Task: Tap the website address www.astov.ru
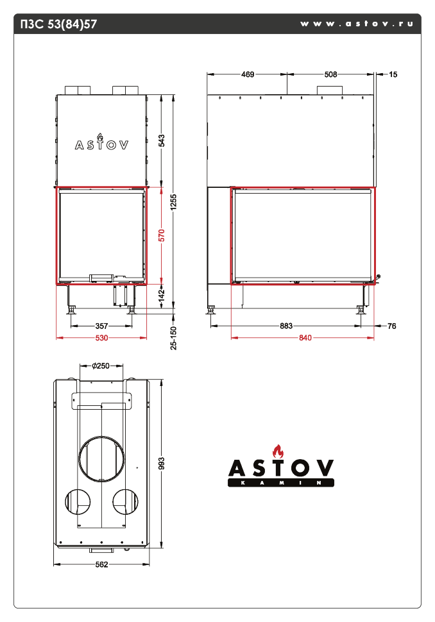(356, 24)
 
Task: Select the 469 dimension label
(247, 74)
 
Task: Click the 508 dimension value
(330, 74)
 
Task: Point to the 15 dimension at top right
(393, 74)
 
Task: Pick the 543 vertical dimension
(162, 141)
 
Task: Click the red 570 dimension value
(162, 235)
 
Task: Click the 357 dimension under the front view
(101, 326)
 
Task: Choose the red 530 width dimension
(101, 337)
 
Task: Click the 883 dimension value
(286, 326)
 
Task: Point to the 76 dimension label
(392, 326)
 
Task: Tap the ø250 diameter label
(101, 366)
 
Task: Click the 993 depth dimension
(162, 462)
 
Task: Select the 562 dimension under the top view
(101, 564)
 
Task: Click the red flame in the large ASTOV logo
(277, 450)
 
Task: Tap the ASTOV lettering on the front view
(101, 144)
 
